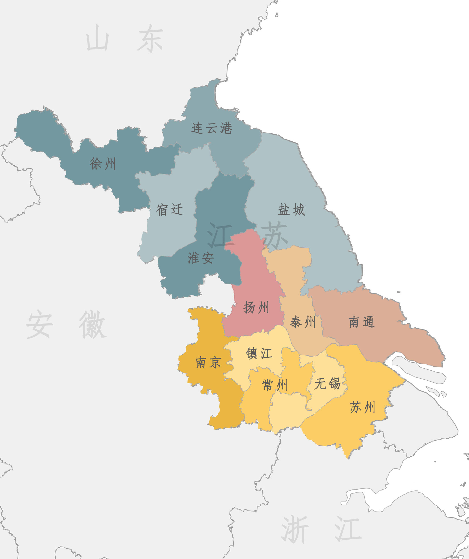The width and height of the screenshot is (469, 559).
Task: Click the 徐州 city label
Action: [x=103, y=163]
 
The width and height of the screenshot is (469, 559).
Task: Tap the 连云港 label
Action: [x=212, y=128]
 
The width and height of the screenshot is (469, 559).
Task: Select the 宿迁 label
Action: [x=170, y=209]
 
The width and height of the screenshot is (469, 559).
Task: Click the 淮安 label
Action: [x=200, y=258]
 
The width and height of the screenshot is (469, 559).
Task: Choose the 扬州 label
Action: [x=256, y=308]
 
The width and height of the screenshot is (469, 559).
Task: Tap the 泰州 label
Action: [x=303, y=322]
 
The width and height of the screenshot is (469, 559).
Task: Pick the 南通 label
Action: [x=362, y=322]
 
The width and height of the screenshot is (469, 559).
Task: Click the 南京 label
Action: [x=208, y=363]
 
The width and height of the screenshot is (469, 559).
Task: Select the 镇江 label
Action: [x=259, y=353]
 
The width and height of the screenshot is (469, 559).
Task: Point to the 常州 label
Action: [x=275, y=385]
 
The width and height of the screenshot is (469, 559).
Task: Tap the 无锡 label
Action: [x=328, y=384]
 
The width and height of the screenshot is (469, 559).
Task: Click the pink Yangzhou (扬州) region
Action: [x=253, y=282]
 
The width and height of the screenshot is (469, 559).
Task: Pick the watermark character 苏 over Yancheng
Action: [x=274, y=234]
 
